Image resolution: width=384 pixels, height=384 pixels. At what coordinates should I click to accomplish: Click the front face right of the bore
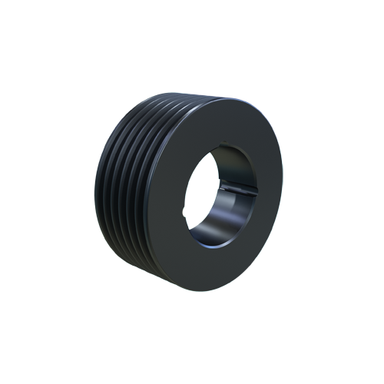(266, 192)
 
